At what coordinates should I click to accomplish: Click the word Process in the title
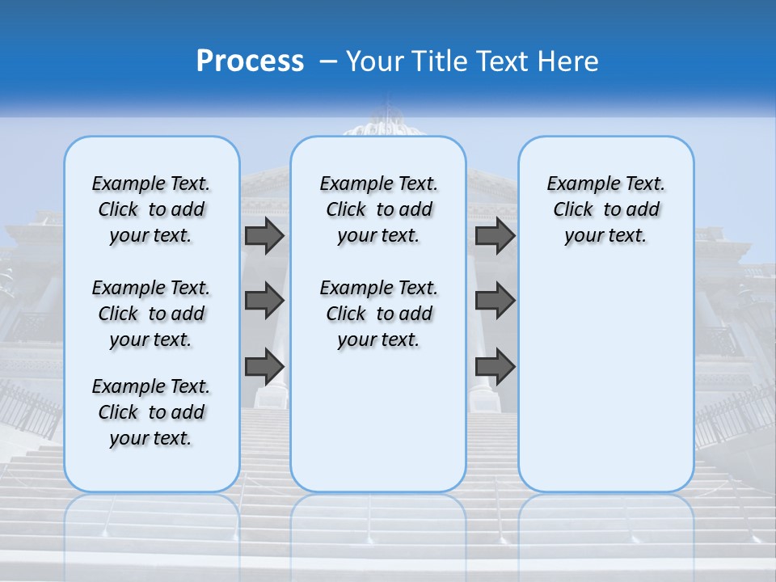[250, 61]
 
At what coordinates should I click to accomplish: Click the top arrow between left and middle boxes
[264, 235]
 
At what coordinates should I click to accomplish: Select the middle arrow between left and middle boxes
[264, 301]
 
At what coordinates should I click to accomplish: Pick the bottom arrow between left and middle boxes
[264, 366]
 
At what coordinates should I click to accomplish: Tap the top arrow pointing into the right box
[495, 235]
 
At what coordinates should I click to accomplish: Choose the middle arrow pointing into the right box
[495, 301]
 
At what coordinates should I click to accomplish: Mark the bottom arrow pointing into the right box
[495, 366]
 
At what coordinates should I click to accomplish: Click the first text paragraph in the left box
[151, 209]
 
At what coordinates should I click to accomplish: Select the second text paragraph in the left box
[151, 314]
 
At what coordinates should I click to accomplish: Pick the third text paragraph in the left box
[151, 412]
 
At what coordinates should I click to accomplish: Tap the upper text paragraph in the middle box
[378, 209]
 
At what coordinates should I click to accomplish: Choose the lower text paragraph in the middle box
[378, 314]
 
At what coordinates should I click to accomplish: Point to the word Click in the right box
[573, 210]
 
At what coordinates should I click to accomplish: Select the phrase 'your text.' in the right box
[605, 236]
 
